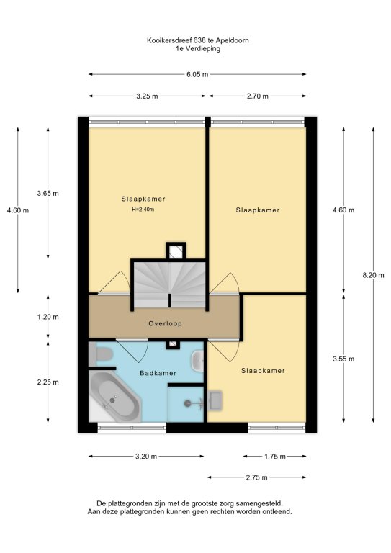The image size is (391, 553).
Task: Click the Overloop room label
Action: (x=165, y=323)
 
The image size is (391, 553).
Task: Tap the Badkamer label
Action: (x=158, y=373)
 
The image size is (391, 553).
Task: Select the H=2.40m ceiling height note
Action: (x=143, y=209)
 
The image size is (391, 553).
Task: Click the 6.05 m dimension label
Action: (x=197, y=74)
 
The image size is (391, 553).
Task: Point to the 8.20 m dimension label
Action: (x=374, y=275)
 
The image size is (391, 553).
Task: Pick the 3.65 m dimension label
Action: (x=48, y=193)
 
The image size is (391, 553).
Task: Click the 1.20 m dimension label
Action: (x=48, y=317)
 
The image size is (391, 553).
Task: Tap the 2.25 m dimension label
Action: (x=48, y=382)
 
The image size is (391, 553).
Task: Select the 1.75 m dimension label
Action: (x=275, y=457)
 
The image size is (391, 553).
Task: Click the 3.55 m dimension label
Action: (x=343, y=359)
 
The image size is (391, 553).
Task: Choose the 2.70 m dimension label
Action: (x=257, y=96)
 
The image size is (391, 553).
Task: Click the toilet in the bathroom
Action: (x=101, y=354)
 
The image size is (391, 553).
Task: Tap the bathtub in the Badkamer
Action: (x=115, y=396)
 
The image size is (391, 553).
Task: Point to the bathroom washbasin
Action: (x=197, y=361)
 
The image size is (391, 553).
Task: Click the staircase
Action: (x=170, y=284)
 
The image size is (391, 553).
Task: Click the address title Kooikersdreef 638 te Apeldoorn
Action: (x=198, y=40)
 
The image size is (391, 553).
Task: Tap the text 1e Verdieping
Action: (x=198, y=49)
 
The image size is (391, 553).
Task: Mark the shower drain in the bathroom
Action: (x=187, y=403)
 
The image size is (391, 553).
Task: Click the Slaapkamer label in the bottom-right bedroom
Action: (x=263, y=370)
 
